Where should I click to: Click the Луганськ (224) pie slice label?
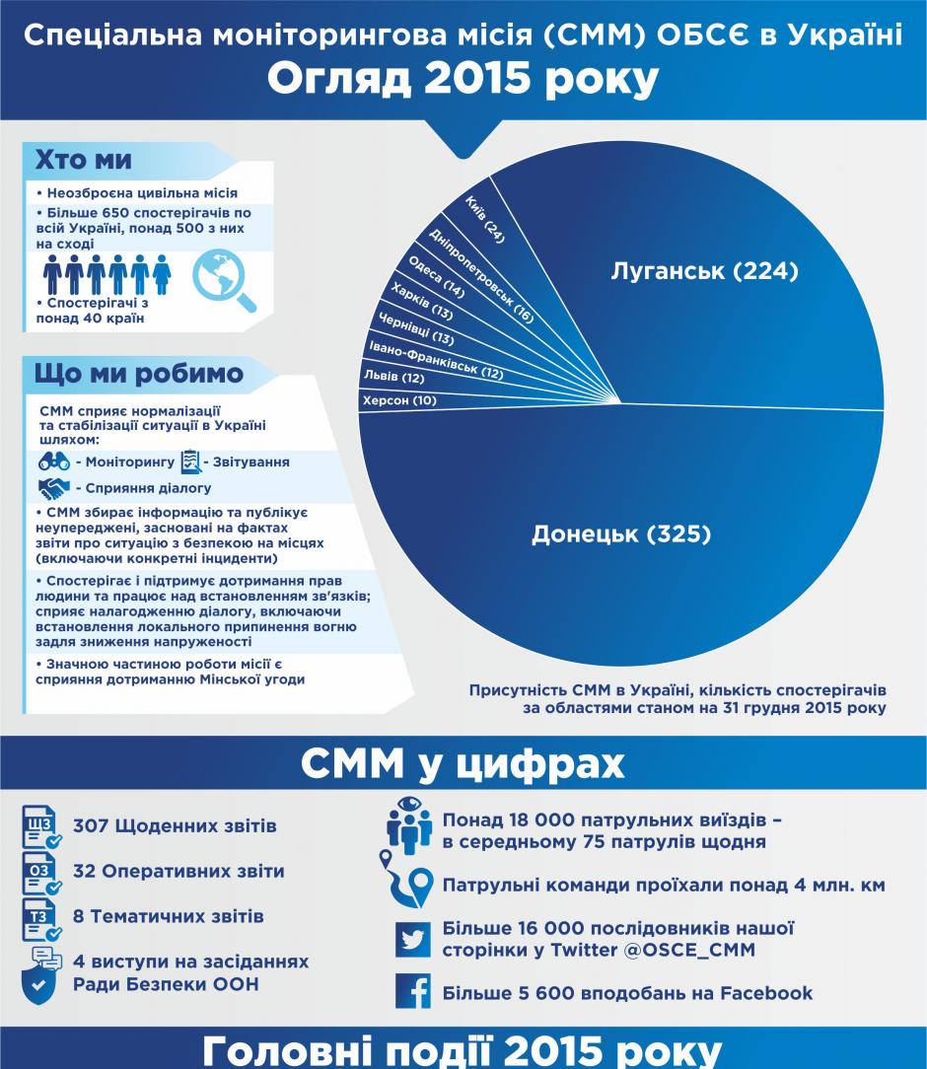(704, 271)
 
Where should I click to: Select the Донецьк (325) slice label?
(621, 534)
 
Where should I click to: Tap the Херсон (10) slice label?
(398, 400)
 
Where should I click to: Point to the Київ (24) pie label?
(488, 218)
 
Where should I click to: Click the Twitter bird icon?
(413, 939)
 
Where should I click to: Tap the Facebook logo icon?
(413, 991)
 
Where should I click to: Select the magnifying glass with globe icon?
(224, 278)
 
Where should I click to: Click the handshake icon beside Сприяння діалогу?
(54, 488)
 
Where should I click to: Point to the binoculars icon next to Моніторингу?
(54, 461)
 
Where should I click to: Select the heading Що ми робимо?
(138, 374)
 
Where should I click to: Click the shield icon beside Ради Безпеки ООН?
(37, 983)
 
